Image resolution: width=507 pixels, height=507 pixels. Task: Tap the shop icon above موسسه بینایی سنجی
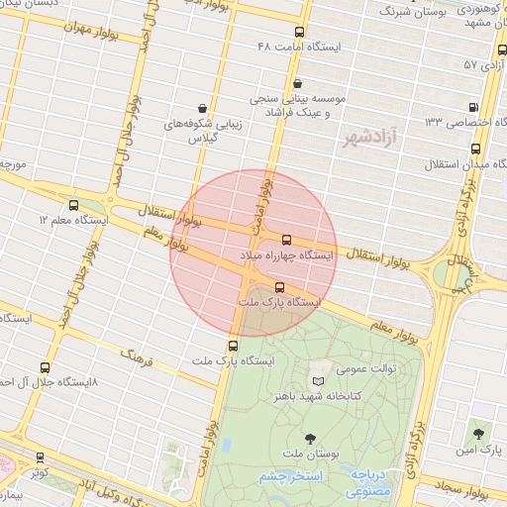(299, 83)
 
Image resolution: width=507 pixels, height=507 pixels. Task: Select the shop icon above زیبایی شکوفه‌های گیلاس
(203, 107)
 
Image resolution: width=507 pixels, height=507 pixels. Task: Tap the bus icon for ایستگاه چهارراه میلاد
(287, 240)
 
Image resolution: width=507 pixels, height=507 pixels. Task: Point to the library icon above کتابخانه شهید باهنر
(318, 382)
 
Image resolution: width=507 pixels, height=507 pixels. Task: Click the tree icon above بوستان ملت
(310, 438)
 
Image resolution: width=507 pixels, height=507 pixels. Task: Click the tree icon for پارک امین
(479, 434)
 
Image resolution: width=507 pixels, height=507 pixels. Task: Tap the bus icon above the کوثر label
(40, 457)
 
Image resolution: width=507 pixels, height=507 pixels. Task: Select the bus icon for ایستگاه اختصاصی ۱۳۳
(472, 107)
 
